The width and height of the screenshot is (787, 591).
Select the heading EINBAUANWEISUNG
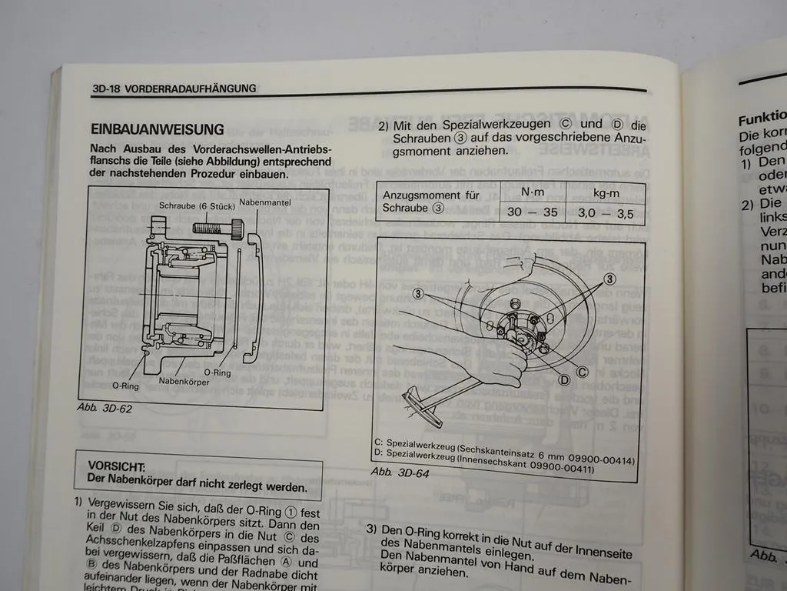[157, 129]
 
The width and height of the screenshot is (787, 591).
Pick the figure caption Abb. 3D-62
[105, 409]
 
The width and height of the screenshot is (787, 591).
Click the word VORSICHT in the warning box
[117, 466]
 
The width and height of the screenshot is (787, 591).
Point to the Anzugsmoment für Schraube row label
[421, 201]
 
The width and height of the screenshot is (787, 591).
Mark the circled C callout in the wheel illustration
[582, 372]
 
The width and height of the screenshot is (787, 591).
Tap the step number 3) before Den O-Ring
[371, 530]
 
